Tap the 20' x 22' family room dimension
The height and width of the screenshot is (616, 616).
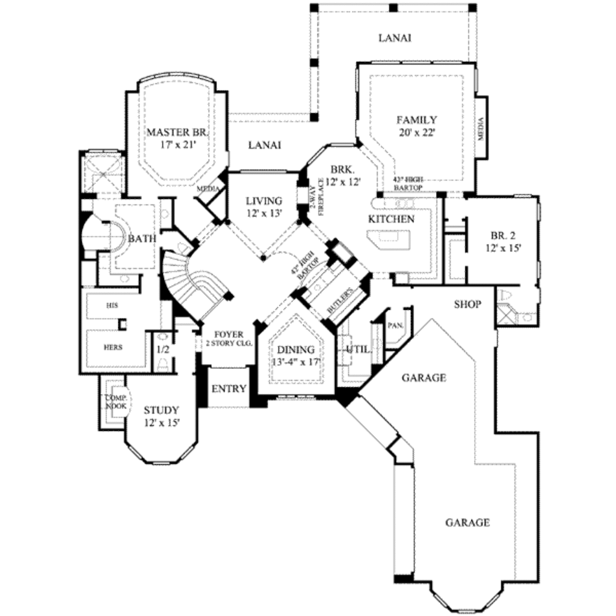417,132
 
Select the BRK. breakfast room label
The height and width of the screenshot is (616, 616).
343,169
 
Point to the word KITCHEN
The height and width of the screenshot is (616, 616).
391,219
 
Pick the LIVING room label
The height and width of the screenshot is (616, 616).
265,201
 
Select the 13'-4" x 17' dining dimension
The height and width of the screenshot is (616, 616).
295,363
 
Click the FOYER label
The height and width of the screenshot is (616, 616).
228,334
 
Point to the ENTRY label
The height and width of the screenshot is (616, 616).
229,389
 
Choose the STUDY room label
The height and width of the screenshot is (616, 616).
161,410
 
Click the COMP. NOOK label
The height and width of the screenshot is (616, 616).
116,402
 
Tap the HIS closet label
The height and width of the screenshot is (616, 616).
112,306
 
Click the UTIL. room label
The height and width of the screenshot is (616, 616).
358,350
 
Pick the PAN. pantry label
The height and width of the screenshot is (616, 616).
396,325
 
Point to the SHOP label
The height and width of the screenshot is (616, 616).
467,304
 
